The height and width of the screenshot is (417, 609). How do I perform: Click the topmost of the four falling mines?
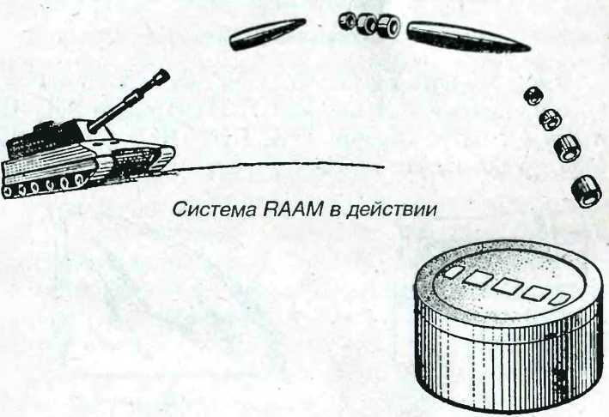(532, 94)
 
